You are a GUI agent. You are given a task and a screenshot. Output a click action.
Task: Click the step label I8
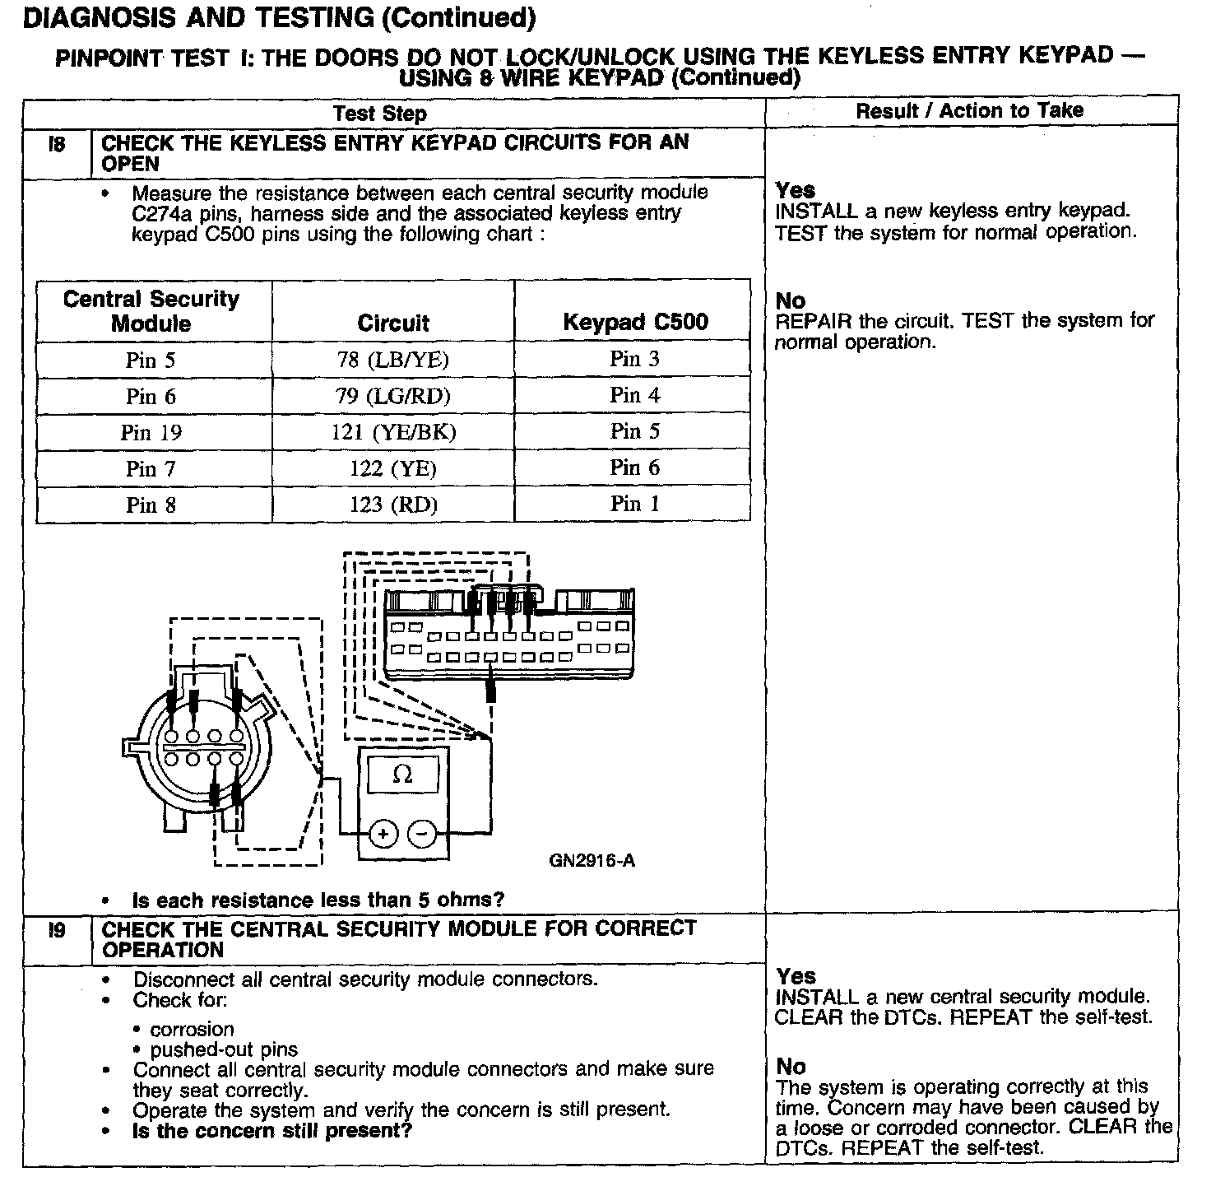tap(57, 144)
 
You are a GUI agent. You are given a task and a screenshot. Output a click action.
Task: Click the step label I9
tap(57, 931)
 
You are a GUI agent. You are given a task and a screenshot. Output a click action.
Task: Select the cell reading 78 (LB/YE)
tap(393, 361)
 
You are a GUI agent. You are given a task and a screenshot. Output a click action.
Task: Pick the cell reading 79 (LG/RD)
tap(393, 397)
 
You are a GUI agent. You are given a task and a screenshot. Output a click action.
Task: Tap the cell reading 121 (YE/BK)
tap(393, 433)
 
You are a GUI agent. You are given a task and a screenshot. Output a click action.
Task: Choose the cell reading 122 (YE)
tap(393, 469)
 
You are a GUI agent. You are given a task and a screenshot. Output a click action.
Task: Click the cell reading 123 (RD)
tap(393, 505)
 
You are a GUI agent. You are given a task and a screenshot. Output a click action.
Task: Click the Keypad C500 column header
tap(635, 322)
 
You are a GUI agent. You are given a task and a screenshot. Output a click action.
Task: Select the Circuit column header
tap(393, 323)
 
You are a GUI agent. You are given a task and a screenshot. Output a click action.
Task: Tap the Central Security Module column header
tap(151, 310)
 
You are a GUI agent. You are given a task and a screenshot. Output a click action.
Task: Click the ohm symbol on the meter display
tap(402, 775)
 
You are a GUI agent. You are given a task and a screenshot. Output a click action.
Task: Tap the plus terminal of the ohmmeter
tap(383, 834)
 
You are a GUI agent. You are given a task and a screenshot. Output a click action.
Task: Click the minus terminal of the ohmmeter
tap(422, 834)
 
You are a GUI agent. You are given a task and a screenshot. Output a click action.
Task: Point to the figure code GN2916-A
tap(592, 862)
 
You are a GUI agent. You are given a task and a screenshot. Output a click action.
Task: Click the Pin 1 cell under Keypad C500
tap(635, 504)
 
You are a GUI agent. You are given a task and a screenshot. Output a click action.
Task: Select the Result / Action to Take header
tap(970, 111)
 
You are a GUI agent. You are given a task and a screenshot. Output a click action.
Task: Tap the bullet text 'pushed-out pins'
tap(224, 1049)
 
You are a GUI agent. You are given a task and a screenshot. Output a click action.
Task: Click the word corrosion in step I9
tap(192, 1029)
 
